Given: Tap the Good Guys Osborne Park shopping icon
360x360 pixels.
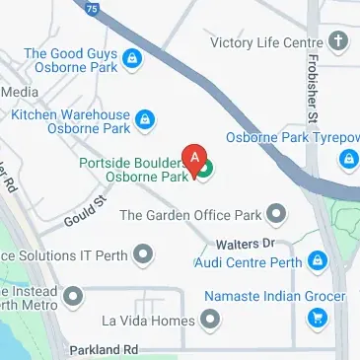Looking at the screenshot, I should [x=131, y=62].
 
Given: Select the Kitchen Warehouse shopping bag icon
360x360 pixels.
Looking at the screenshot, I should [x=144, y=121].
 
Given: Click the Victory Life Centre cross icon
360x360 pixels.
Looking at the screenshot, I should [x=338, y=41].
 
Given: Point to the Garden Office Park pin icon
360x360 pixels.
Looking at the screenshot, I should [x=277, y=213].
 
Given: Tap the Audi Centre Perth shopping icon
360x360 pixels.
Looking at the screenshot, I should [x=317, y=262].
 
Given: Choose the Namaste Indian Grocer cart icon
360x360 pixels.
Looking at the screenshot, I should [x=318, y=318].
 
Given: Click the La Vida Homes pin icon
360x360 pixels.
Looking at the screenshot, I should [x=210, y=320].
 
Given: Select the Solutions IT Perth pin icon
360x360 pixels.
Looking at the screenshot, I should [x=144, y=256].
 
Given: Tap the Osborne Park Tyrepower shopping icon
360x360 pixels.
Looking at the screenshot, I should [x=349, y=159].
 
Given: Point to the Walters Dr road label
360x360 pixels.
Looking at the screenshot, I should [x=252, y=242].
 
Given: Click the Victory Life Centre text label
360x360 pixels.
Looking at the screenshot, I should [x=266, y=41].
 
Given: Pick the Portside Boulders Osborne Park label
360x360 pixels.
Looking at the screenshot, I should [x=134, y=170].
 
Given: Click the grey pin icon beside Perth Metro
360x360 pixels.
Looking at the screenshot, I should [x=72, y=295].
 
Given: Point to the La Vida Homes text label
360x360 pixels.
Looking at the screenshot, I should [x=149, y=321].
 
